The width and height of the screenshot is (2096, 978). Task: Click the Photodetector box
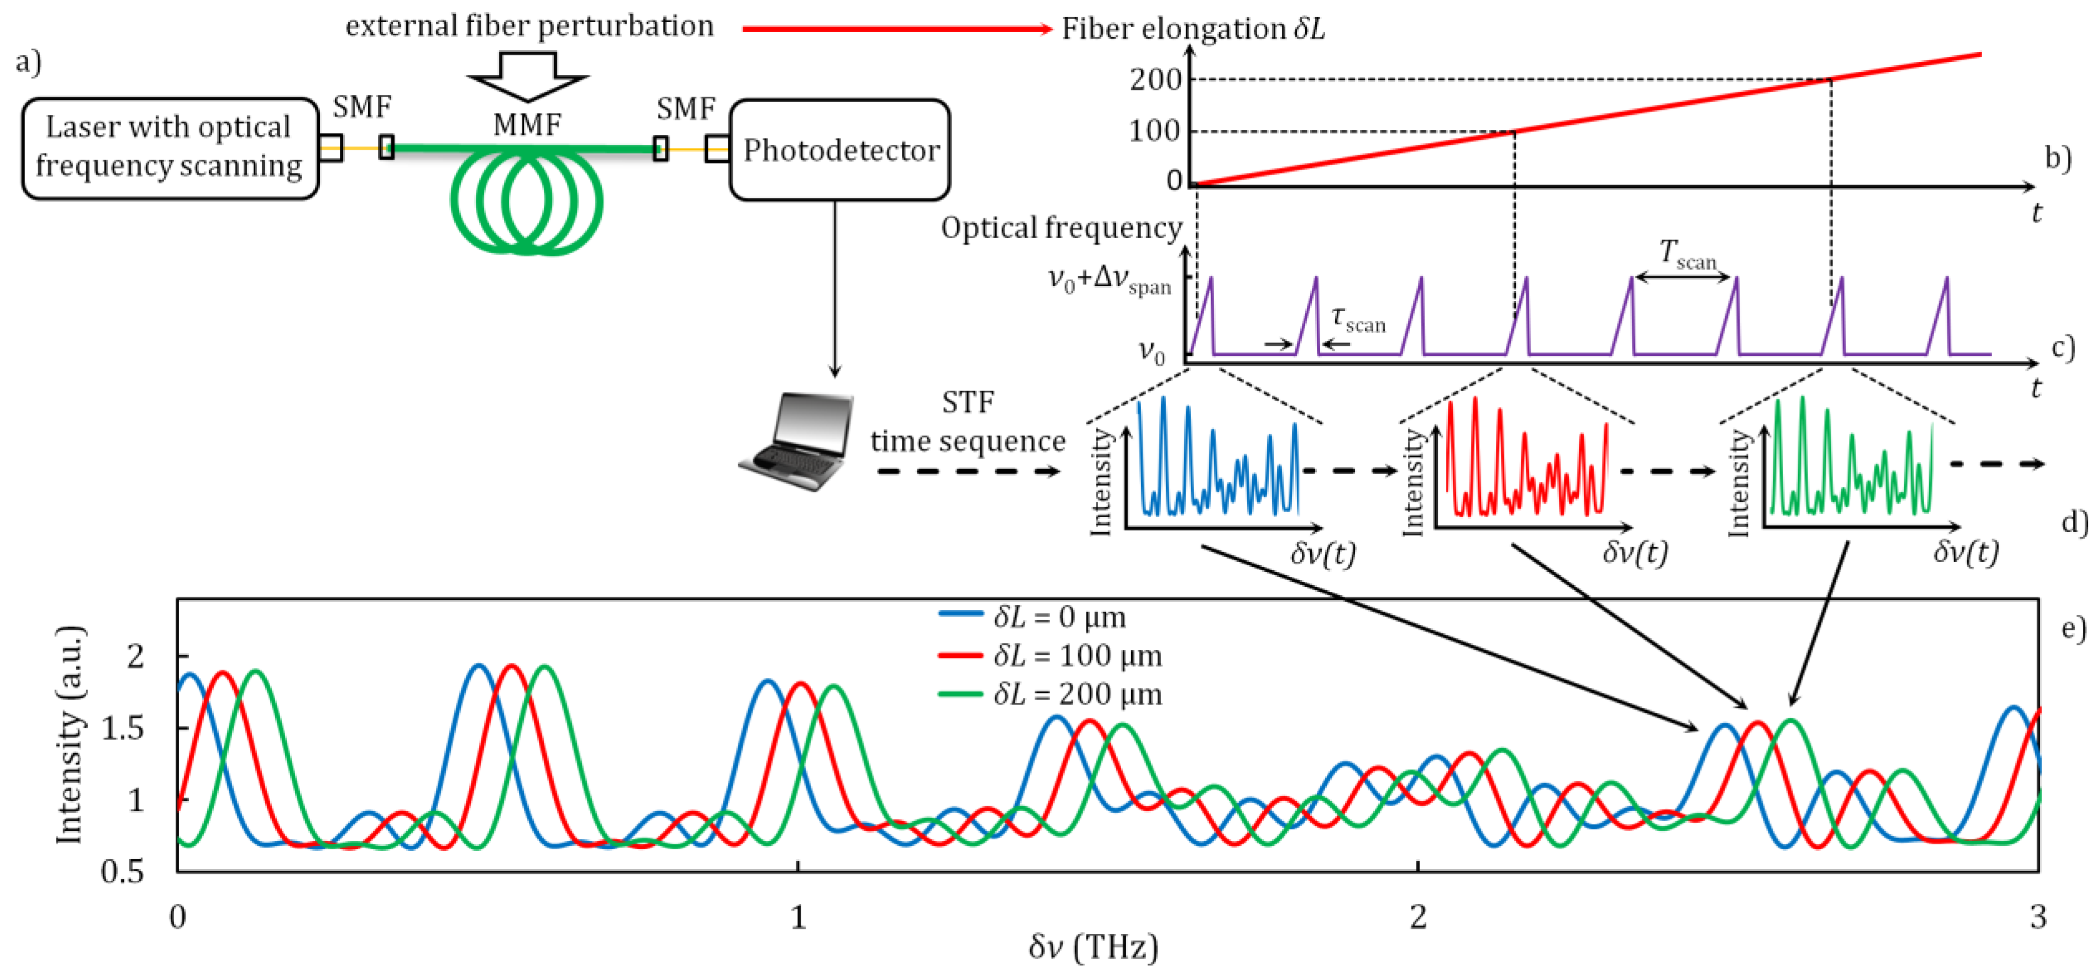coord(840,150)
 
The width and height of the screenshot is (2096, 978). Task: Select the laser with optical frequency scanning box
coord(169,148)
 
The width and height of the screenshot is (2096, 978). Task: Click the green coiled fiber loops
coord(527,202)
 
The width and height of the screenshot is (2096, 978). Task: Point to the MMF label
coord(527,124)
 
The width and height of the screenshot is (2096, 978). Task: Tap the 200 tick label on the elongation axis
coord(1155,80)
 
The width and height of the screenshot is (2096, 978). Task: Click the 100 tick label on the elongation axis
coord(1155,131)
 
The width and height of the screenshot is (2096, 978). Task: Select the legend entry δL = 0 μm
coord(1058,618)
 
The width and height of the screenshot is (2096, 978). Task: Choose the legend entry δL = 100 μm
coord(1076,656)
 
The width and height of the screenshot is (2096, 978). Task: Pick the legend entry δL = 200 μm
coord(1076,694)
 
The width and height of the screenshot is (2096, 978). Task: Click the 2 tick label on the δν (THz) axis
coord(1418,917)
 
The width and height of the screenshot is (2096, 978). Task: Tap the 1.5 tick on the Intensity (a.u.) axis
coord(122,729)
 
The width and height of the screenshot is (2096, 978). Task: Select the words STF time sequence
coord(968,422)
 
